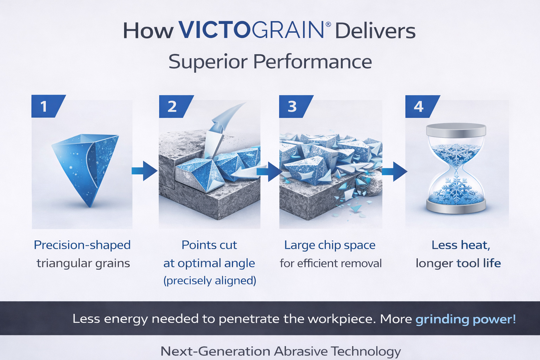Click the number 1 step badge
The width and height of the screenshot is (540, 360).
coord(47,106)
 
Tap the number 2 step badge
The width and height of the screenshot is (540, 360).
coord(175,106)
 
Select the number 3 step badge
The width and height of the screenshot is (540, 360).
coord(295,106)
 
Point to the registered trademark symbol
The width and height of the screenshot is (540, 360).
coord(328,24)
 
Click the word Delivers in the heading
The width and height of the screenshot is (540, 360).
coord(375,31)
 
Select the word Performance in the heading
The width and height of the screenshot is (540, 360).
coord(313,62)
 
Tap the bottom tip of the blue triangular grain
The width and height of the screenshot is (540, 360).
coord(90,207)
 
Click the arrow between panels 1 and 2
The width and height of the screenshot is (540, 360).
coord(144,171)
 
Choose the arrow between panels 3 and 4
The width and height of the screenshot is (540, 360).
coord(395,172)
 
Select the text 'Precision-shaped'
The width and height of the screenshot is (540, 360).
coord(82,245)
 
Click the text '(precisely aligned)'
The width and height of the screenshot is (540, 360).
coord(210,281)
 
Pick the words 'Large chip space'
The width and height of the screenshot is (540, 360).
coord(330,245)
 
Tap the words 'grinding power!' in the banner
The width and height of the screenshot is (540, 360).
coord(465,319)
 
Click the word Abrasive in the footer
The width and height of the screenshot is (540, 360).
coord(301,351)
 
